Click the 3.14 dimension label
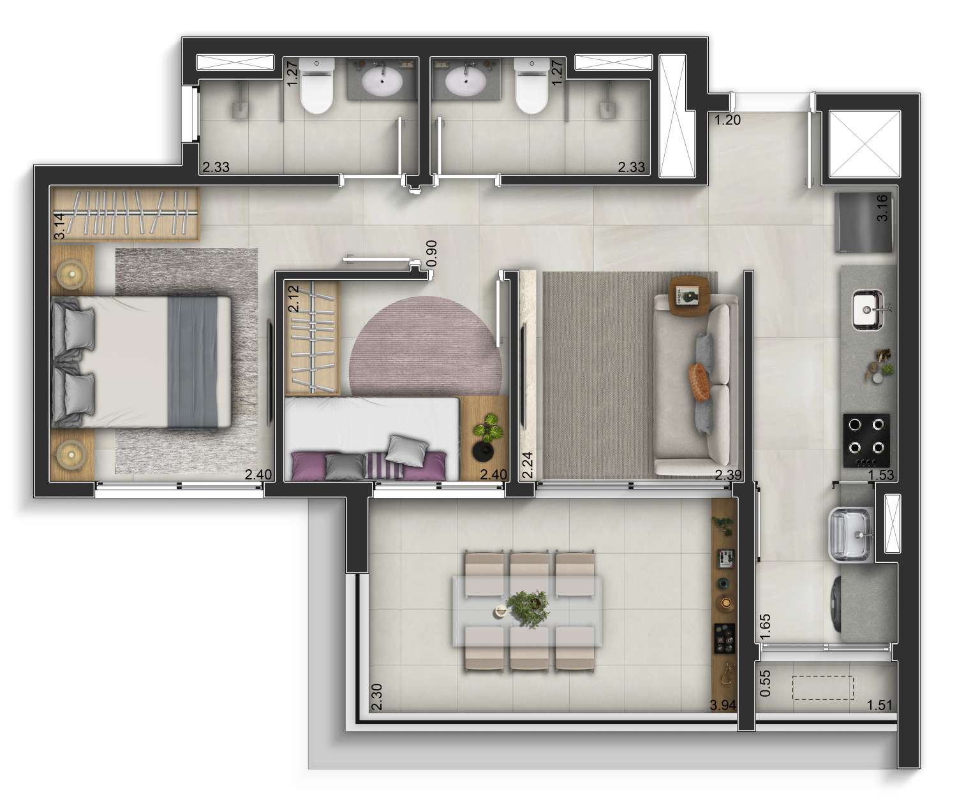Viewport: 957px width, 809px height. pyautogui.click(x=59, y=226)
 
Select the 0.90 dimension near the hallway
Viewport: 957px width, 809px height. pyautogui.click(x=431, y=253)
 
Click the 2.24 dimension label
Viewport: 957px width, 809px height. pyautogui.click(x=527, y=465)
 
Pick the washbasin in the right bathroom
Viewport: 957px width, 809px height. pyautogui.click(x=465, y=81)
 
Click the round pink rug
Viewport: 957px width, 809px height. pyautogui.click(x=424, y=346)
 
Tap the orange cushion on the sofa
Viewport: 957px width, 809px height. pyautogui.click(x=700, y=382)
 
